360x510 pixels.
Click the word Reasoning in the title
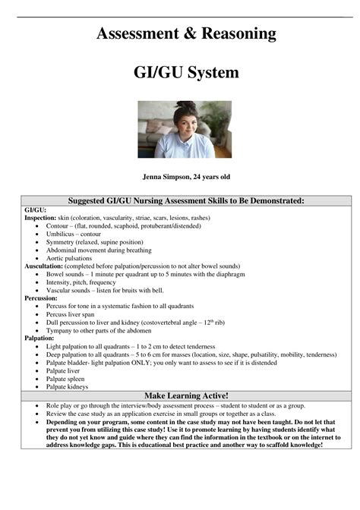(229, 33)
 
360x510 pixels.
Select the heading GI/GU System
(186, 73)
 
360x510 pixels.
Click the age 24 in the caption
(202, 177)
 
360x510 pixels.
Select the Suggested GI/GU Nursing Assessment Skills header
(186, 200)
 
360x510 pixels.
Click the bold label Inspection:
(39, 218)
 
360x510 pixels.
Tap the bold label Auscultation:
(44, 267)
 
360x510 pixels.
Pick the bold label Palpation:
(39, 338)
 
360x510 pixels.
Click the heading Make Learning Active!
(186, 396)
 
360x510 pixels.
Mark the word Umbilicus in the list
(62, 235)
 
